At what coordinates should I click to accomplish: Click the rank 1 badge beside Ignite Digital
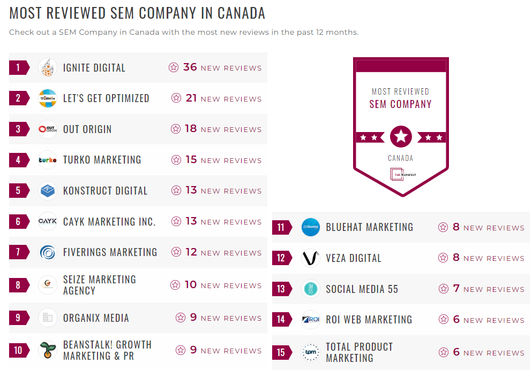coord(19,67)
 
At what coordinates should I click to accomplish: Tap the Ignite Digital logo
coord(48,67)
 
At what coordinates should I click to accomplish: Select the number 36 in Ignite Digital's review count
coord(190,67)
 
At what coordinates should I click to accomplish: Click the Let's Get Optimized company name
coord(106,98)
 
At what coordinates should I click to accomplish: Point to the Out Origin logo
coord(48,129)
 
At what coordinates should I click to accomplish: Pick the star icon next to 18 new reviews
coord(176,129)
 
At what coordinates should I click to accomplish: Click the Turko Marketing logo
coord(48,160)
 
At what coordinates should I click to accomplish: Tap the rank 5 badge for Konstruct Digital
coord(19,191)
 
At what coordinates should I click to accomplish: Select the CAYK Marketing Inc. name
coord(109,221)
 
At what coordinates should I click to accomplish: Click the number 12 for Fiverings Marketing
coord(191,252)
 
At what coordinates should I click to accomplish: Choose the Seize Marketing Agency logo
coord(48,285)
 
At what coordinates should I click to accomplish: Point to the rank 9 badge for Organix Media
coord(19,318)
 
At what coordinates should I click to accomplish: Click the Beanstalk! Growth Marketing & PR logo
coord(48,350)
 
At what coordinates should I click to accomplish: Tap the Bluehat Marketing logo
coord(311,227)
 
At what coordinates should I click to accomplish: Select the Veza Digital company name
coord(354,258)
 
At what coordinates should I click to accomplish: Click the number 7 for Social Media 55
coord(456,289)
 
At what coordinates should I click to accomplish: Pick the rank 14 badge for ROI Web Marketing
coord(282,320)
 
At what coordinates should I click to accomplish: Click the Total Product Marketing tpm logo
coord(311,352)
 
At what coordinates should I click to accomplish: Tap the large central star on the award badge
coord(401,137)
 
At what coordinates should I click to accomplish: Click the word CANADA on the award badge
coord(401,158)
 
